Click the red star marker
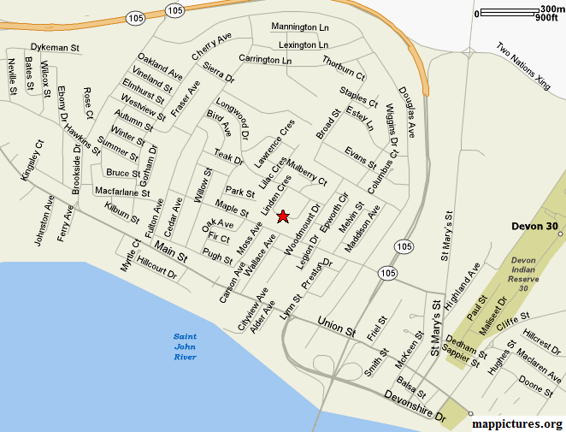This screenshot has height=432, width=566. click(283, 217)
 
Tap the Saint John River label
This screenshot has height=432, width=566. click(186, 346)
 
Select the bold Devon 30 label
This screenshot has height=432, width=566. click(534, 227)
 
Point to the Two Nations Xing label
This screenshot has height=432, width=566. click(523, 65)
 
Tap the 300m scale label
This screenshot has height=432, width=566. click(547, 9)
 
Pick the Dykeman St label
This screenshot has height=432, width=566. click(55, 47)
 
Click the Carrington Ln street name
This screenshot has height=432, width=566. click(265, 60)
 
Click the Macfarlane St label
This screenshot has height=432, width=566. click(122, 191)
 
